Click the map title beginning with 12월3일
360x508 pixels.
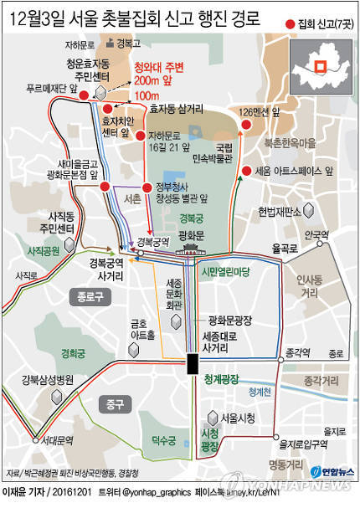point(138,18)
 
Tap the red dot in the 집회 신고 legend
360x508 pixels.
point(291,23)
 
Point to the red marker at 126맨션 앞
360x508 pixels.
point(246,126)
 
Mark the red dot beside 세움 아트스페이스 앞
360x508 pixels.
point(245,172)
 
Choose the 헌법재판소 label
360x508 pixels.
point(279,211)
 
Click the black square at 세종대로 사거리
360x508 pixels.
point(192,362)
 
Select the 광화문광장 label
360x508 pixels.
point(225,320)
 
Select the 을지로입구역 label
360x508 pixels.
point(305,444)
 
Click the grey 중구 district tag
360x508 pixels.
point(115,406)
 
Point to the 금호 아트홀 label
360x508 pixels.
point(139,329)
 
